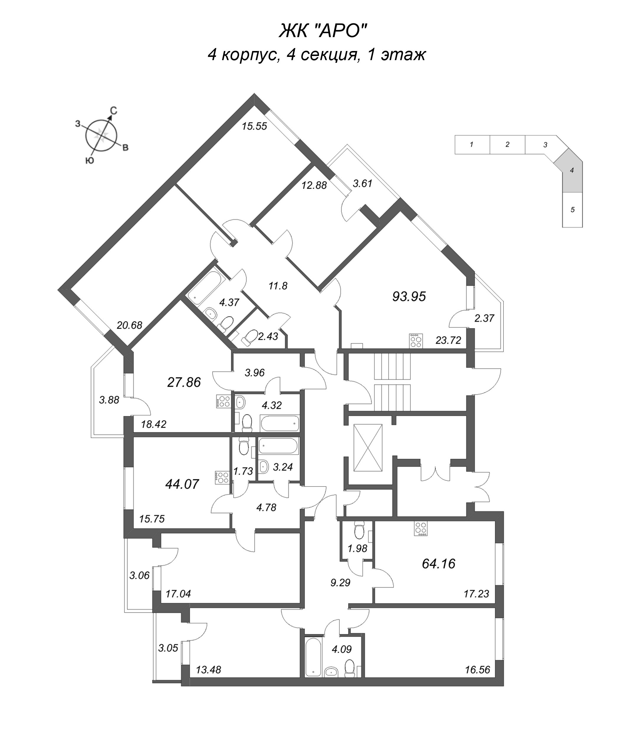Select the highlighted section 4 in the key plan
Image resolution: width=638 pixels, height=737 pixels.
click(x=572, y=171)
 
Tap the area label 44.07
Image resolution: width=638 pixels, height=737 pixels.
click(x=182, y=484)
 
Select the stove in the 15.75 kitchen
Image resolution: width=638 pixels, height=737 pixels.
click(x=223, y=477)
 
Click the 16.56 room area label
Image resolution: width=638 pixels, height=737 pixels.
click(x=477, y=670)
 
